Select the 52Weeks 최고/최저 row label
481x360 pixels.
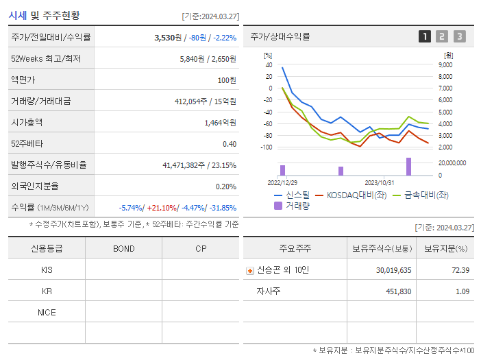(45, 59)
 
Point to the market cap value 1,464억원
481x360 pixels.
(220, 123)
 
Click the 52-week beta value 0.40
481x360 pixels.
(229, 144)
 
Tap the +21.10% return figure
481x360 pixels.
(162, 208)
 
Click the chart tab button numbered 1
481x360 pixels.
(425, 36)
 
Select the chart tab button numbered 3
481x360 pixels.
(459, 36)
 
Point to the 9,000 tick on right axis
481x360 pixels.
(445, 64)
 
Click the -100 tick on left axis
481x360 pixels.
(266, 147)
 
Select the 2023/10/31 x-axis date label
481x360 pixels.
(379, 183)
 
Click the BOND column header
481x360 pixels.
(123, 248)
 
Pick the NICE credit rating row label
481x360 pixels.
(47, 312)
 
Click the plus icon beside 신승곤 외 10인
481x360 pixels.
(249, 270)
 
